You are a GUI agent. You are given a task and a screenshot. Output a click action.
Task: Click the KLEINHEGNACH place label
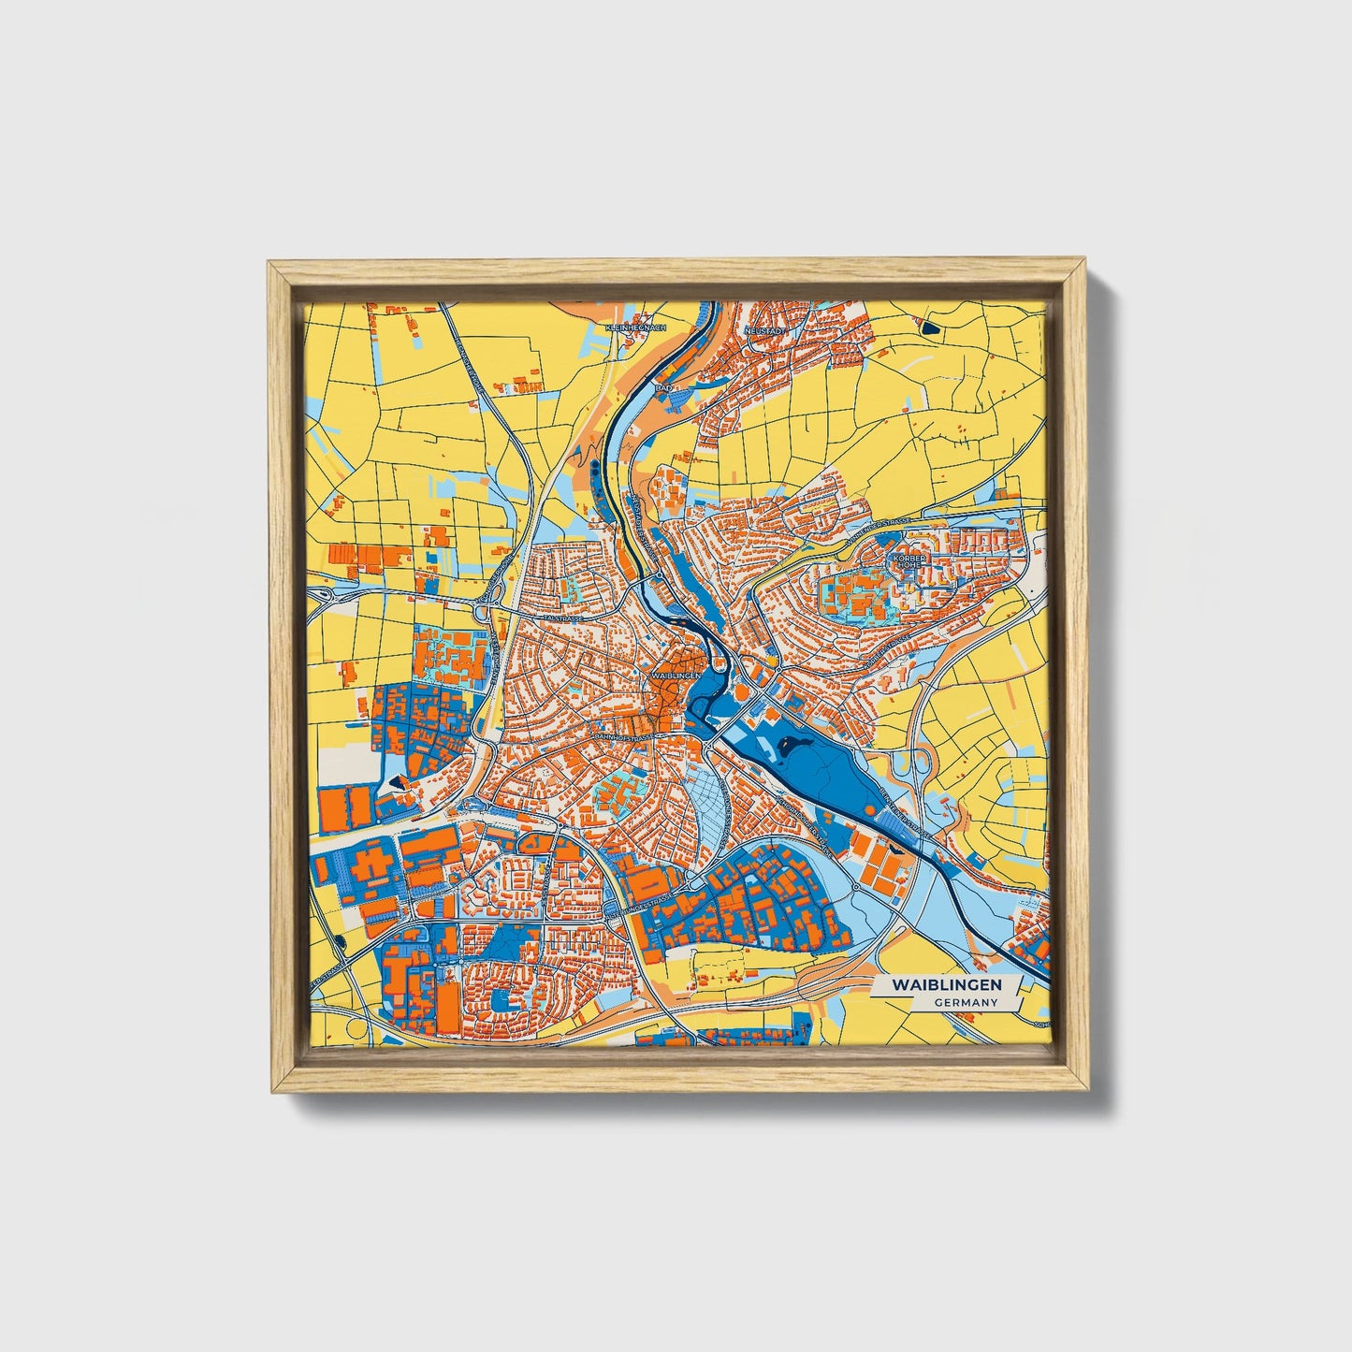pos(635,327)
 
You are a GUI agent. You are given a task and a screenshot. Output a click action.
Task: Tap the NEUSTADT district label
pos(762,331)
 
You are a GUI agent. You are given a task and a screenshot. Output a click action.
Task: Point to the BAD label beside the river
pos(663,385)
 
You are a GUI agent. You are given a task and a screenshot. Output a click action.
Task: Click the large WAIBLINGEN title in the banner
pos(946,985)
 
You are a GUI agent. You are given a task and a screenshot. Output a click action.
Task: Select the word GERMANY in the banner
pos(965,1002)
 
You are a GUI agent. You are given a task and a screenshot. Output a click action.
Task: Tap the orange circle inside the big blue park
pos(740,692)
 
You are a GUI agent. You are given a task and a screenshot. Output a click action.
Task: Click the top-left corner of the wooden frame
pos(269,263)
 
